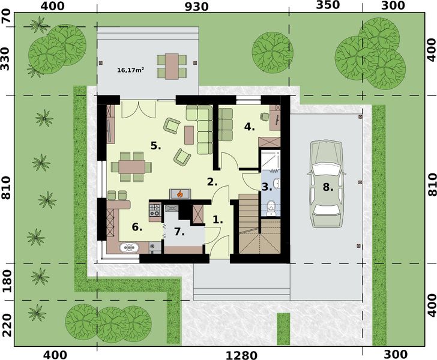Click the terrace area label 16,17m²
click(x=130, y=70)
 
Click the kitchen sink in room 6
click(x=130, y=246)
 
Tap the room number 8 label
click(x=327, y=187)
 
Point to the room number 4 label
click(x=249, y=127)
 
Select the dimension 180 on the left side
click(x=7, y=281)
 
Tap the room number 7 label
click(x=178, y=231)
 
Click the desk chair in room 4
click(x=264, y=116)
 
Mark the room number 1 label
click(x=218, y=220)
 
